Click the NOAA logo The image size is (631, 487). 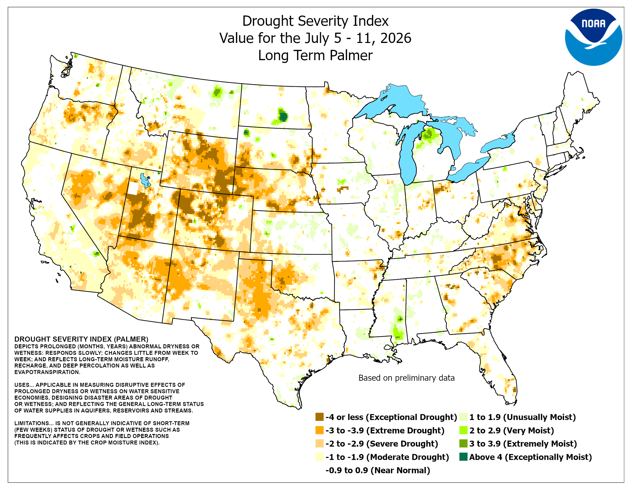[x=593, y=37]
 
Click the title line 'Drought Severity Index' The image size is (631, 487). [x=315, y=21]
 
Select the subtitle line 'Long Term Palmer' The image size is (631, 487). [x=315, y=55]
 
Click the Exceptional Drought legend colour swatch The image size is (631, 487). [x=319, y=417]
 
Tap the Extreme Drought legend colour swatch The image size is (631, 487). [x=319, y=430]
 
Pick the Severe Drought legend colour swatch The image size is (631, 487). [x=319, y=443]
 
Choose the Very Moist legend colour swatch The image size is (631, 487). [x=463, y=430]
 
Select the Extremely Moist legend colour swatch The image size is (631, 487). [x=463, y=443]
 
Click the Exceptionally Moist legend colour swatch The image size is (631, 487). [x=463, y=457]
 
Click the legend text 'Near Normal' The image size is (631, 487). [x=400, y=470]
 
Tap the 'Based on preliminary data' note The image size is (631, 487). [x=406, y=378]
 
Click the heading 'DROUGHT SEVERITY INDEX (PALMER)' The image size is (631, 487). [x=81, y=339]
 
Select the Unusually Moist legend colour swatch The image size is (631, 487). [x=463, y=417]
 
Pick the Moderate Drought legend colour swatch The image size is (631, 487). [x=319, y=457]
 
